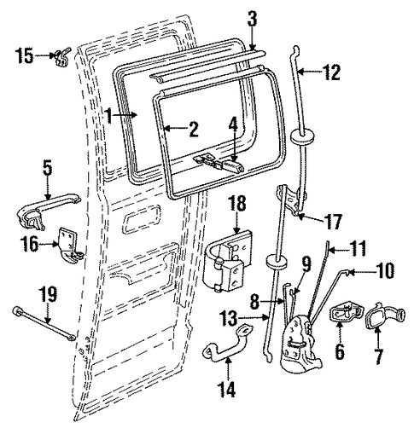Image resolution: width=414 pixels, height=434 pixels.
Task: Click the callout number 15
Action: point(25,56)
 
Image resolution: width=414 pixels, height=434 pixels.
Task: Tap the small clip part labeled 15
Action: point(61,57)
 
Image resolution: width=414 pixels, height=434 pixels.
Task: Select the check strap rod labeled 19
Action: point(44,323)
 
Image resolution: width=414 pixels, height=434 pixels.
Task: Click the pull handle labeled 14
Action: point(228,346)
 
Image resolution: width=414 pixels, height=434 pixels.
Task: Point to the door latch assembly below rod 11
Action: point(301,344)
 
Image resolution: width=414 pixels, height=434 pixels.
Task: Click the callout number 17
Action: point(333,222)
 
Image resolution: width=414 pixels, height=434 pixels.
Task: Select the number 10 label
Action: point(383,270)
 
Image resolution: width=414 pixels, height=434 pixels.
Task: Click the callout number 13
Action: point(229,319)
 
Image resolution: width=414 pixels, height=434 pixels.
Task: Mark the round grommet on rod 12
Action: point(301,136)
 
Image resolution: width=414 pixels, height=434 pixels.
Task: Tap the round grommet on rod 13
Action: point(277,263)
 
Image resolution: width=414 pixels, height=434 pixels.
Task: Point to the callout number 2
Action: point(193,130)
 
